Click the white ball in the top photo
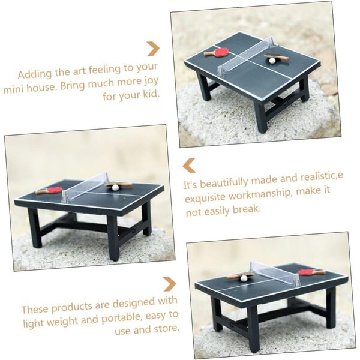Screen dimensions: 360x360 272,61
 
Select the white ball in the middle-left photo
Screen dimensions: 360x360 115,187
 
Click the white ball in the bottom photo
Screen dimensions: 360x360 244,278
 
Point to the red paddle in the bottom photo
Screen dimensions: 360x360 311,272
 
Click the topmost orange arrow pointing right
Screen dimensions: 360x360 153,49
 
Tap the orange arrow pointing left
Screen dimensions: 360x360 189,166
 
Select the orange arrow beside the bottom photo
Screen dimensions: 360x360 170,284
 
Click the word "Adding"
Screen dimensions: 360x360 35,74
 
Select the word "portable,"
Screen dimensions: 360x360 122,318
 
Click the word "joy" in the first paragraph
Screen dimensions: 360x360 151,82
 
